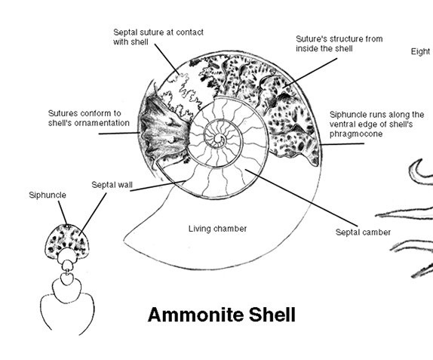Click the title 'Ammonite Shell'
point(222,315)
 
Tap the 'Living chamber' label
point(217,229)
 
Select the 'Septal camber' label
point(363,232)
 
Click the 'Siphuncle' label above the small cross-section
point(48,195)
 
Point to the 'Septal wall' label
point(112,185)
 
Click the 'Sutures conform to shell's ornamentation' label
point(89,118)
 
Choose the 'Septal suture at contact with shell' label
point(158,37)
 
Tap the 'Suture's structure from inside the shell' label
point(339,44)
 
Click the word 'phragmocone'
point(356,134)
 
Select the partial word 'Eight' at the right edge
point(421,51)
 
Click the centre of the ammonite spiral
point(220,139)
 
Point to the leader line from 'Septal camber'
point(301,198)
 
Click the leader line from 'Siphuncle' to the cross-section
point(63,213)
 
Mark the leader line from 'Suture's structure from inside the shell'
point(310,73)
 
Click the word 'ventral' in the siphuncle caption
point(342,125)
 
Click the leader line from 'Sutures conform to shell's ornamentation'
point(119,134)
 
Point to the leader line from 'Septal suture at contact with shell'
point(167,59)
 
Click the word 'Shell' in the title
point(272,315)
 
